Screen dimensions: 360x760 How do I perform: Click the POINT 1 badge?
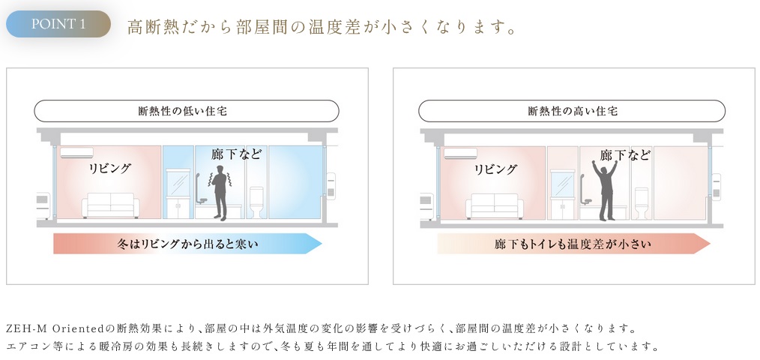(x=58, y=24)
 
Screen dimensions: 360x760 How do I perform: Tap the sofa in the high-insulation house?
(x=495, y=205)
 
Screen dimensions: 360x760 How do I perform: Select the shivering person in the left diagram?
(x=219, y=193)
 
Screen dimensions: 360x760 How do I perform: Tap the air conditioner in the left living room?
(x=77, y=153)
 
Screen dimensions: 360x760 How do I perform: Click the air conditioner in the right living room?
(x=460, y=153)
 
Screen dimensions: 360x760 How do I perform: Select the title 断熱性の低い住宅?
(x=187, y=111)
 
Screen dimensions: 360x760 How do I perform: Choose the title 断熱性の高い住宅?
(x=571, y=111)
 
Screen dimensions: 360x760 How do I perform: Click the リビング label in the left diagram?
(x=110, y=169)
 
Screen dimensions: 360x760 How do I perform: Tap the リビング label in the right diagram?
(x=495, y=169)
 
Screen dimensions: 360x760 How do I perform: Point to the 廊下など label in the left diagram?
(x=237, y=154)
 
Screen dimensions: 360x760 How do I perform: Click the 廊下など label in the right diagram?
(x=625, y=154)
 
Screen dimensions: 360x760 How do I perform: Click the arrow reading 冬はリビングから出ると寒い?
(x=187, y=244)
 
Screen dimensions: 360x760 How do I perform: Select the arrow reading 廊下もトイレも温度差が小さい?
(x=573, y=244)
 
